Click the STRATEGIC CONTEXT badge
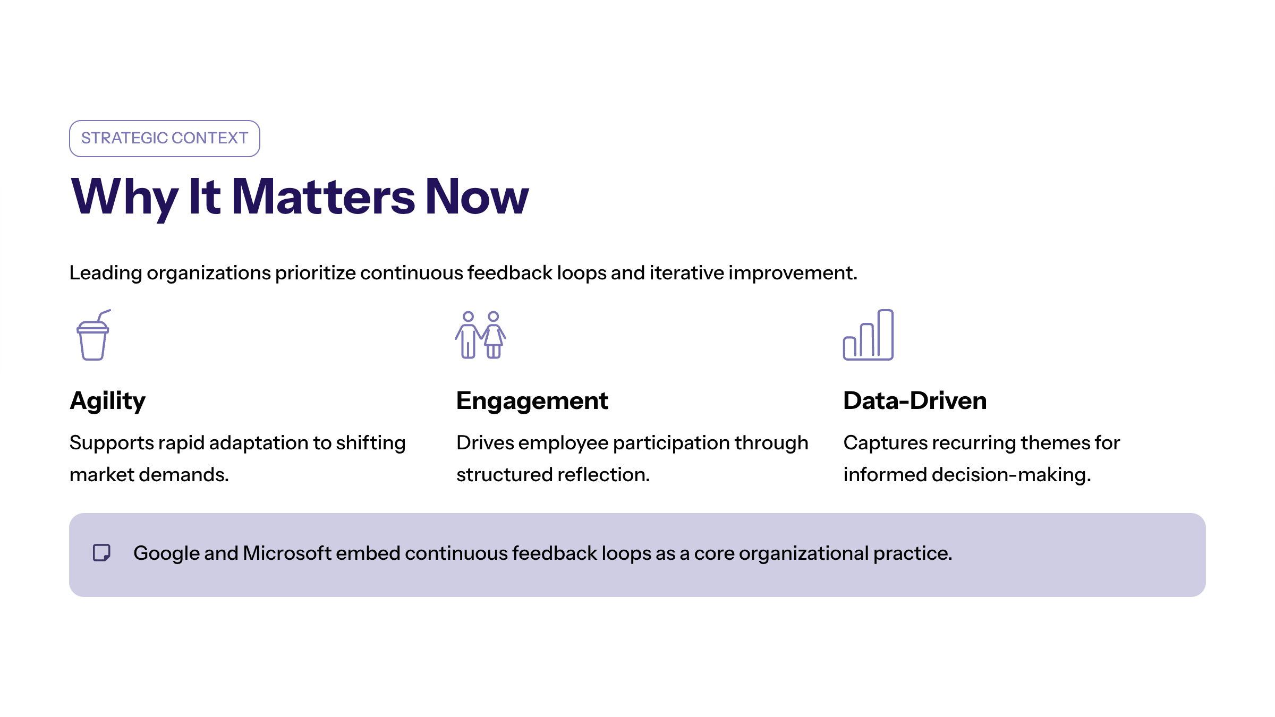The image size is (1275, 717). tap(164, 139)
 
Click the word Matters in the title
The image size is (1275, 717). tap(323, 197)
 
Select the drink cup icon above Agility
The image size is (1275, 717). tap(93, 335)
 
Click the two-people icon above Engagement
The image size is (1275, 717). tap(480, 335)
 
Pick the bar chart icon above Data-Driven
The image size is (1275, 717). tap(868, 335)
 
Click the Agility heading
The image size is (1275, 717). tap(107, 402)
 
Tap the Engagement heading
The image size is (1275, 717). tap(532, 402)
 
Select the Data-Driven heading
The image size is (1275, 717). tap(915, 400)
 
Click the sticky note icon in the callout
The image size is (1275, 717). tap(101, 553)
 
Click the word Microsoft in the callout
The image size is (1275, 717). tap(287, 553)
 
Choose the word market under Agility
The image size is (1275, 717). tap(101, 474)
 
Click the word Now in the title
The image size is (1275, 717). tap(477, 197)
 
